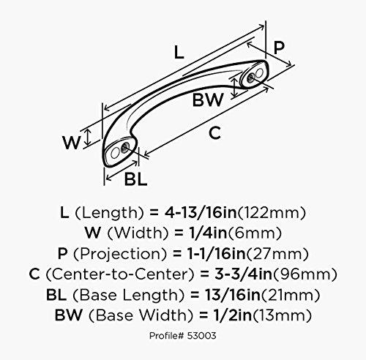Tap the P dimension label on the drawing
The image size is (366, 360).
click(x=277, y=47)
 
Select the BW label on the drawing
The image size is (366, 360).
click(x=207, y=101)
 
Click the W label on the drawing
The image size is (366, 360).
click(x=70, y=143)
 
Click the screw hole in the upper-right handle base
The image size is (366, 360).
click(x=254, y=75)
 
